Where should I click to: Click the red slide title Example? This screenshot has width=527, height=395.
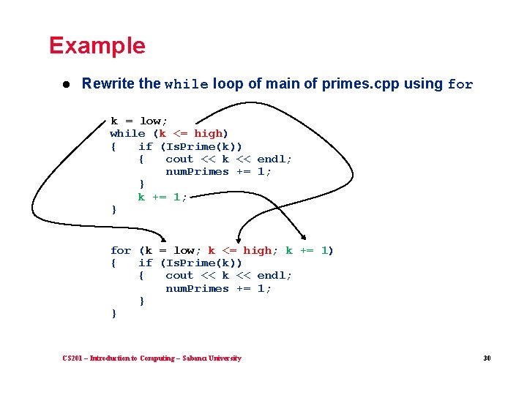tap(97, 45)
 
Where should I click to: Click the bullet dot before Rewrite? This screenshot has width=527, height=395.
tap(66, 84)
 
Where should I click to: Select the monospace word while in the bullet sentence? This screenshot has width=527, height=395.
tap(187, 84)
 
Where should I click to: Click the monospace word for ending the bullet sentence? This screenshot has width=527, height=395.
tap(460, 84)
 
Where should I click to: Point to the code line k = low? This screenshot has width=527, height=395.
tap(139, 121)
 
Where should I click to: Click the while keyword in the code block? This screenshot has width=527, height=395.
tap(127, 133)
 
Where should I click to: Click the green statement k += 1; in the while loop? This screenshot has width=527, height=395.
tap(162, 197)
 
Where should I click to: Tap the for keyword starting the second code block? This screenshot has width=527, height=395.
tap(121, 250)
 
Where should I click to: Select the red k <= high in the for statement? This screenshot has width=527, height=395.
tap(239, 250)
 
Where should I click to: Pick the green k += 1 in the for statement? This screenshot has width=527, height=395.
tap(307, 250)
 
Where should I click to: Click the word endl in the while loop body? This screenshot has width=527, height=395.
tap(271, 159)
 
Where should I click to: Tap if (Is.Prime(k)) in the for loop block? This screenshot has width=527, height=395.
tap(190, 263)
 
